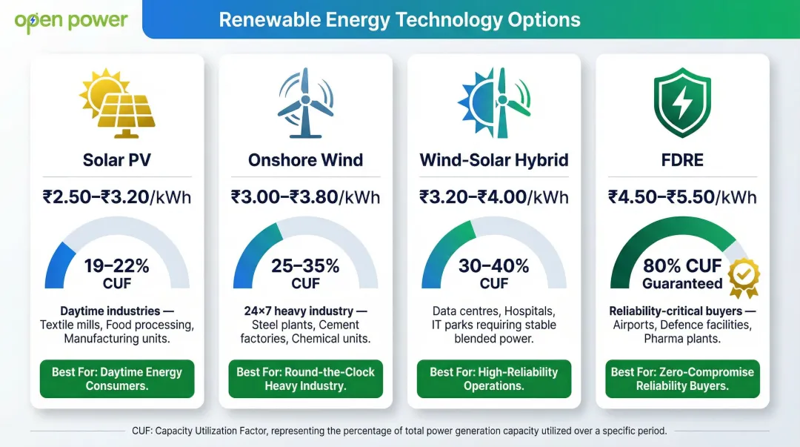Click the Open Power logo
(x=71, y=21)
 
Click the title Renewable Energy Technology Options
(x=399, y=20)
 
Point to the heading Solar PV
(x=116, y=159)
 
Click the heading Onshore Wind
(x=305, y=159)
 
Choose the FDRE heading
(x=682, y=159)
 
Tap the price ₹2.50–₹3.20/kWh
(x=116, y=197)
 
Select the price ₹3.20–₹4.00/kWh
(x=493, y=197)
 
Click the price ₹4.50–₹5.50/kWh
(x=682, y=197)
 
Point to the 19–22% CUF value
(x=116, y=273)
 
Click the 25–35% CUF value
(x=305, y=273)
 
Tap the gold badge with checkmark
(x=743, y=277)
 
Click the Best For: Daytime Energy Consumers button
(x=116, y=379)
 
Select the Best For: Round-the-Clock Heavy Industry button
(x=305, y=379)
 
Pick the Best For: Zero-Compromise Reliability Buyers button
(x=682, y=379)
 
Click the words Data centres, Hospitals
(x=493, y=311)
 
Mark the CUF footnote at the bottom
(x=399, y=431)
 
